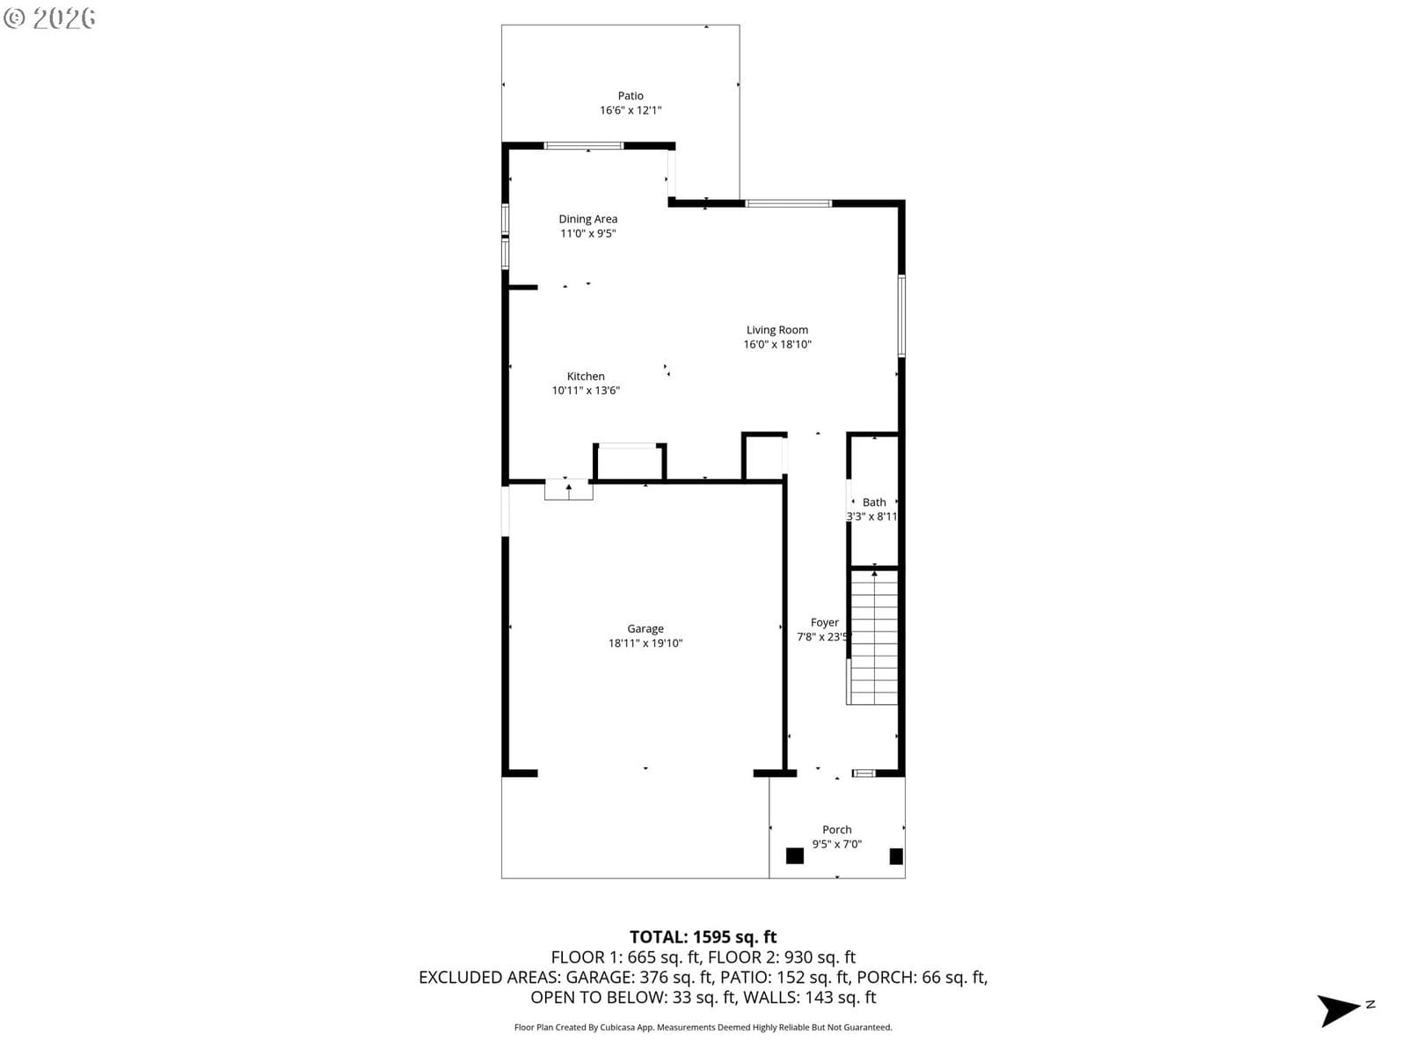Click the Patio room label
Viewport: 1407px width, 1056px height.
pyautogui.click(x=631, y=96)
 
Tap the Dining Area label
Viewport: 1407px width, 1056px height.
pyautogui.click(x=587, y=219)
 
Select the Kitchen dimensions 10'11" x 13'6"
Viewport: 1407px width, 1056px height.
pyautogui.click(x=586, y=391)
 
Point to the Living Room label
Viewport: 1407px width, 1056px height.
pyautogui.click(x=776, y=329)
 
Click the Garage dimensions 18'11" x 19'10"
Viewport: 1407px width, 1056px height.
pyautogui.click(x=645, y=643)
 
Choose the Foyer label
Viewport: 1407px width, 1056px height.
pyautogui.click(x=824, y=622)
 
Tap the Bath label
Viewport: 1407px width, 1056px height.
pyautogui.click(x=874, y=502)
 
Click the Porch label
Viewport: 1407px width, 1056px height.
pyautogui.click(x=837, y=830)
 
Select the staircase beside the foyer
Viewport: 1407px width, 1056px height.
pyautogui.click(x=873, y=638)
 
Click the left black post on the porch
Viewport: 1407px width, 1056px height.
pyautogui.click(x=795, y=856)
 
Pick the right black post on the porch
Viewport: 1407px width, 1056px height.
pyautogui.click(x=896, y=856)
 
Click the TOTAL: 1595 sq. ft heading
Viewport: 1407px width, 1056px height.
pyautogui.click(x=703, y=936)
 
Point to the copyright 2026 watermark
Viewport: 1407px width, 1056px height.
pyautogui.click(x=49, y=18)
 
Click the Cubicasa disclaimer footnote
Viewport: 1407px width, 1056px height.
pyautogui.click(x=703, y=1027)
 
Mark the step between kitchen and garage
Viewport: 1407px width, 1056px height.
pyautogui.click(x=569, y=490)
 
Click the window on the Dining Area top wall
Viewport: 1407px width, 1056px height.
pyautogui.click(x=583, y=145)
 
